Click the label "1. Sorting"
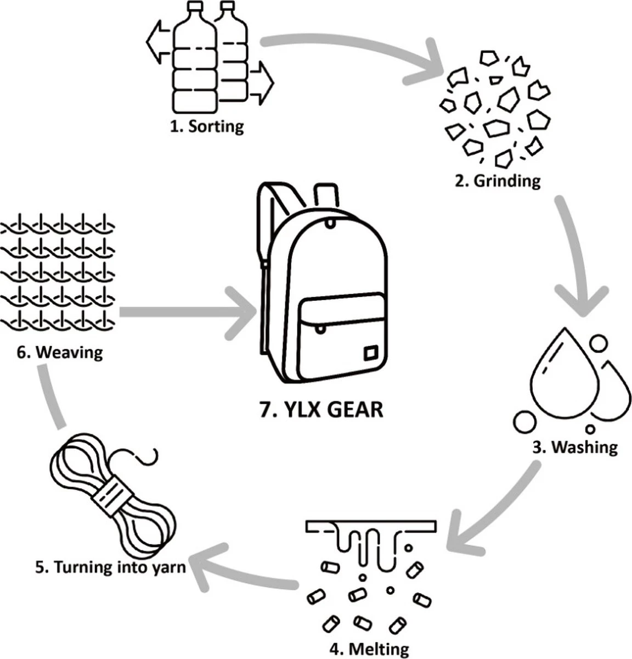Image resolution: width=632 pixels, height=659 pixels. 206,126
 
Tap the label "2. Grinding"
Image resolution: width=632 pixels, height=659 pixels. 498,180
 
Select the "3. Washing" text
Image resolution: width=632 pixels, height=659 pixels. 575,446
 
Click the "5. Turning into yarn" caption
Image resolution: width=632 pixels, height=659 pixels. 110,567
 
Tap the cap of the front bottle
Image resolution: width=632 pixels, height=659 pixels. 195,8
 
